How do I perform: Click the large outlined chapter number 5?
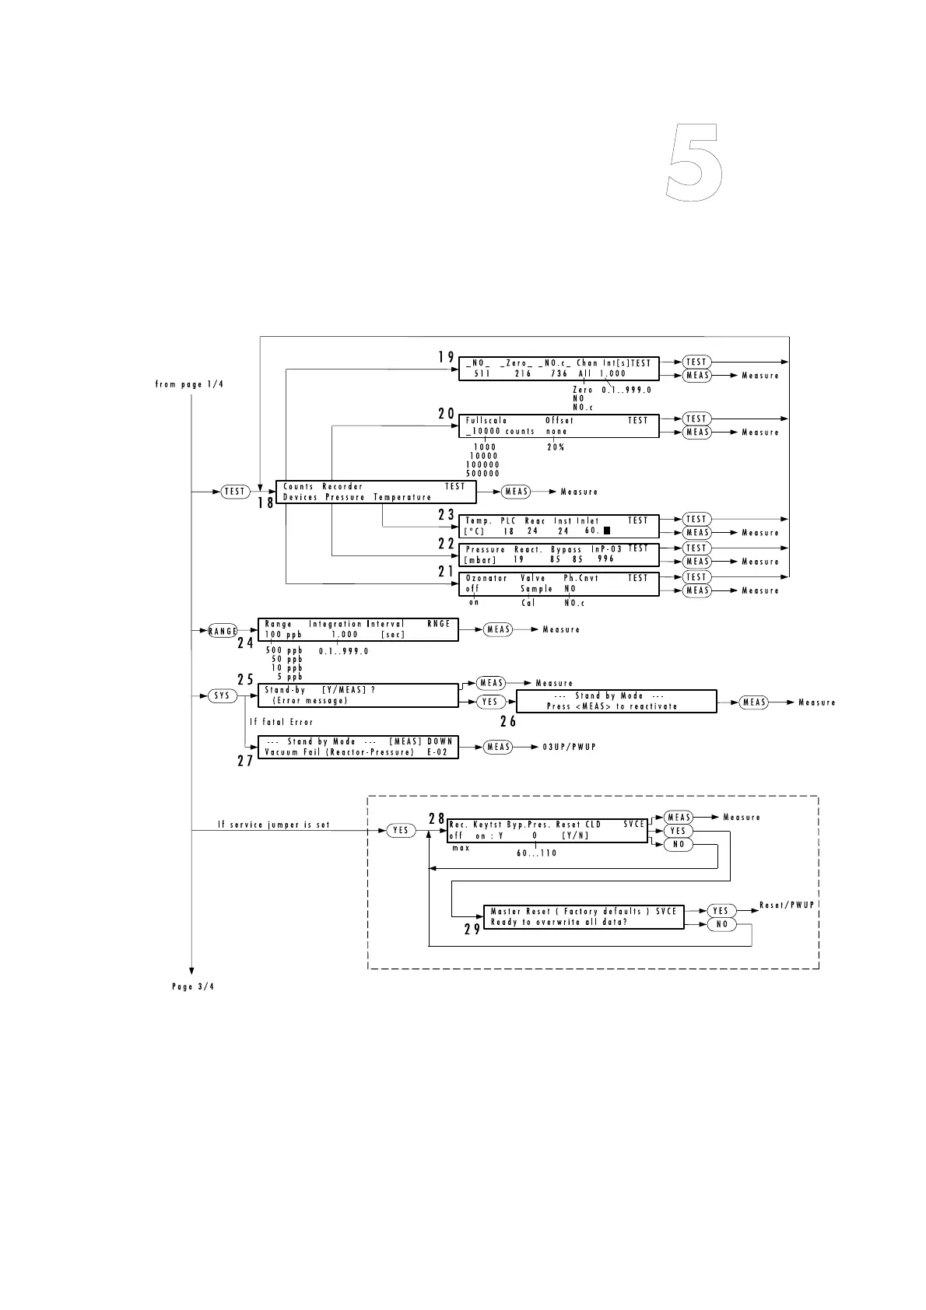coord(695,164)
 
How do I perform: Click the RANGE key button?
coord(223,631)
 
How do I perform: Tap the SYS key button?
coord(223,695)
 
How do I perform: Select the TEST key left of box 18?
coord(235,492)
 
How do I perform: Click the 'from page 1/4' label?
coord(189,384)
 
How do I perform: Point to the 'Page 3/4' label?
coord(192,987)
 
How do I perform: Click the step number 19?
coord(445,357)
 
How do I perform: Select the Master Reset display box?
coord(584,916)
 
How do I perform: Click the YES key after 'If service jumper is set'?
coord(401,831)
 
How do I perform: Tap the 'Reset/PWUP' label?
coord(787,905)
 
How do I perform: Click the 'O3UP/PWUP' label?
coord(569,747)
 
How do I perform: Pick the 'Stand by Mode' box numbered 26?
coord(616,701)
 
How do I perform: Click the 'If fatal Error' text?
coord(281,722)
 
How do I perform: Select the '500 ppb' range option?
coord(284,650)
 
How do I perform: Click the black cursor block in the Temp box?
coord(606,531)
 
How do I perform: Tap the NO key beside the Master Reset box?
coord(721,924)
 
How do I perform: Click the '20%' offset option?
coord(555,447)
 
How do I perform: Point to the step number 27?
coord(245,761)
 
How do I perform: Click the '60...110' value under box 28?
coord(536,853)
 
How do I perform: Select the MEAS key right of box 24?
coord(498,629)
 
